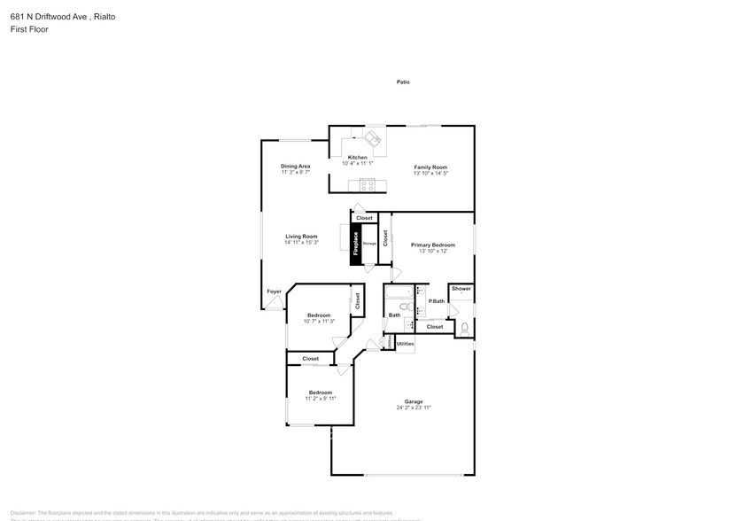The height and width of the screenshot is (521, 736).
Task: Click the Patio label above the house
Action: click(403, 82)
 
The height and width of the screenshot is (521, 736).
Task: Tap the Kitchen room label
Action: click(357, 158)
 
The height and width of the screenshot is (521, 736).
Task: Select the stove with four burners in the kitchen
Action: click(368, 184)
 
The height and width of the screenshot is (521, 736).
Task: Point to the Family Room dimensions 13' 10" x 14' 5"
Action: click(431, 173)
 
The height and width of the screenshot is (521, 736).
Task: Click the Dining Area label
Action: click(295, 167)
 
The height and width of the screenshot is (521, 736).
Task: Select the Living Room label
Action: click(301, 237)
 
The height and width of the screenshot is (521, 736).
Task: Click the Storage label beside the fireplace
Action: click(369, 243)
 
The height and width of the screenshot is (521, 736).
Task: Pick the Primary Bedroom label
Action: click(432, 245)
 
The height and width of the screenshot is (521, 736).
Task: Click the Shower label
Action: click(461, 289)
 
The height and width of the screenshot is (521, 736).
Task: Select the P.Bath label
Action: click(437, 301)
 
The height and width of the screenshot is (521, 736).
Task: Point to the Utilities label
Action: click(405, 343)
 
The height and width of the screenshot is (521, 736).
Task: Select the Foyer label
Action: click(275, 292)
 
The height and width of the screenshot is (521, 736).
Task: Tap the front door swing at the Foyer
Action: click(278, 304)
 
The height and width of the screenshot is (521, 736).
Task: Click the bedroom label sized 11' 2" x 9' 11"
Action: click(320, 393)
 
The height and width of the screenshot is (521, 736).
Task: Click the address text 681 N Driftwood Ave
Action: click(50, 16)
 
